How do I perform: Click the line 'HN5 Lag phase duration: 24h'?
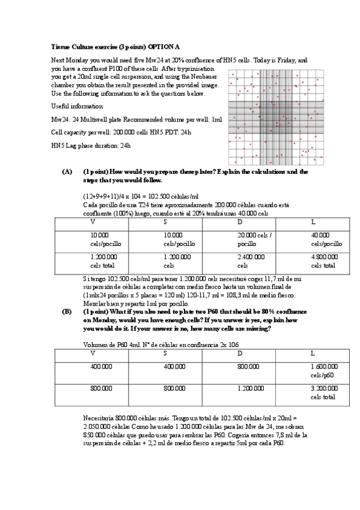point(90,146)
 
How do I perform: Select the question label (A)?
point(67,171)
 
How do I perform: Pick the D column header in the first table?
point(240,222)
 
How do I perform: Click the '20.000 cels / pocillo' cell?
point(255,239)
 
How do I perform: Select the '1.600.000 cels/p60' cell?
point(324,370)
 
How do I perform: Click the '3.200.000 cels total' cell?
point(324,393)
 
